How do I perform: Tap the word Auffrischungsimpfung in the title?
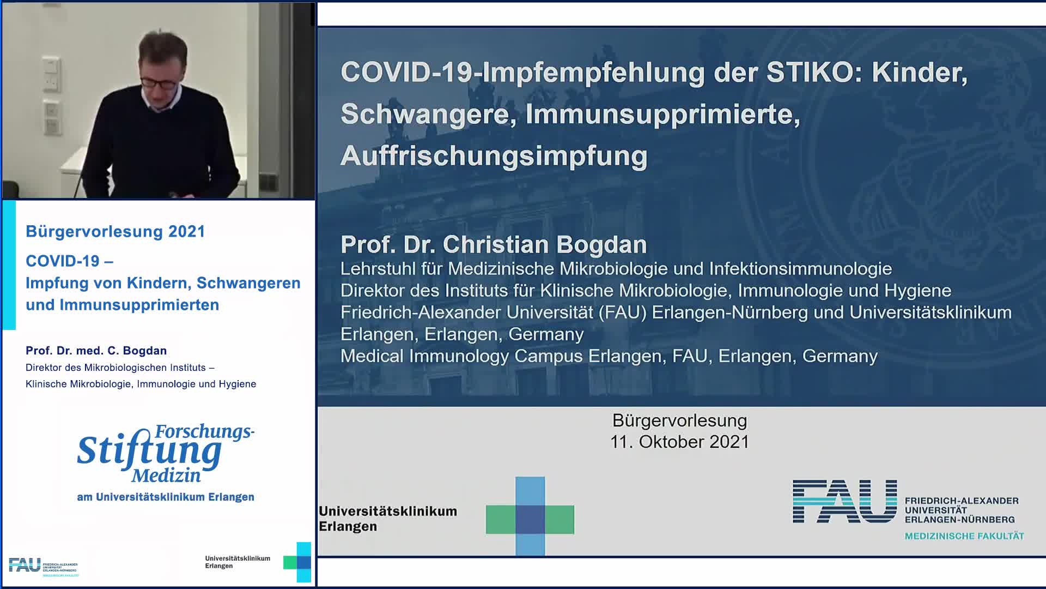(494, 156)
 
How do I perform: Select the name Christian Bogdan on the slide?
(545, 244)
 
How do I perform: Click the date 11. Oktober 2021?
(679, 442)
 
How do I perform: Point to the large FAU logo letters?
(844, 501)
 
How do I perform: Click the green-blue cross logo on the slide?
(530, 516)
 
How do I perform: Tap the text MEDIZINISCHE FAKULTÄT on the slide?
(964, 536)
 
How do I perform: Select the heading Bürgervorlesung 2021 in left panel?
(115, 231)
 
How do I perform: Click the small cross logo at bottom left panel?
(297, 562)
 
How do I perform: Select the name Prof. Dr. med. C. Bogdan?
(96, 351)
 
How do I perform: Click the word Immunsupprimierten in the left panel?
(139, 305)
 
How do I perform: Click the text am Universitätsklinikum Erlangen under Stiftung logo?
(166, 497)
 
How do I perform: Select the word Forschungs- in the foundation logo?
(205, 431)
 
